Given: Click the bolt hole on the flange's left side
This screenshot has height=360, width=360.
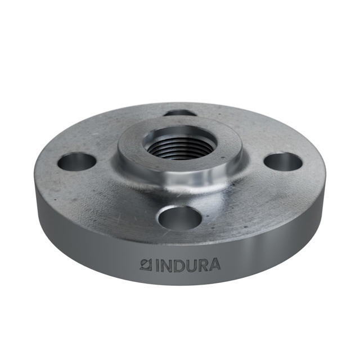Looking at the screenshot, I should pos(77,162).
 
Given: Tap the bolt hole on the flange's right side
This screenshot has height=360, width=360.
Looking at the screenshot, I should pos(283,161).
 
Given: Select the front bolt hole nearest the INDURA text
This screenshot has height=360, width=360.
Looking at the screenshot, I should pos(179,217).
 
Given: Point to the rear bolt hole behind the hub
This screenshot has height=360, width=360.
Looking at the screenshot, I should pos(180,113).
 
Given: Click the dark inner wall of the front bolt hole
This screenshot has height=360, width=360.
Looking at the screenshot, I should pos(179,213).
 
